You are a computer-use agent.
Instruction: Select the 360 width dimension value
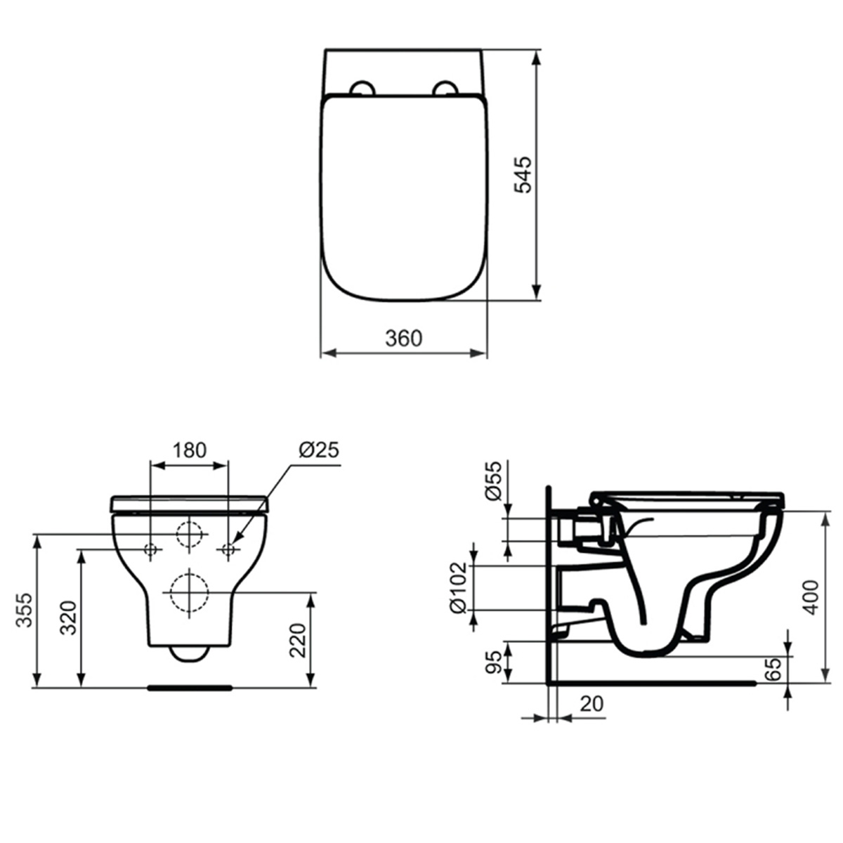click(x=404, y=338)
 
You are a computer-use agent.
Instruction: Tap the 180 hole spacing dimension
click(x=189, y=449)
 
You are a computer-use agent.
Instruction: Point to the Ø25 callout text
click(x=318, y=449)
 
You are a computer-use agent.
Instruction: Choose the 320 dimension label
click(x=68, y=617)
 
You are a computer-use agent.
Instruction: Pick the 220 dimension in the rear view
click(x=298, y=640)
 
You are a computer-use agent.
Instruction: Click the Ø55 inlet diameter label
click(x=494, y=481)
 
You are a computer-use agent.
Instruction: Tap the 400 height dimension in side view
click(x=811, y=597)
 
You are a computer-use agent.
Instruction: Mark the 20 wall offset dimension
click(x=592, y=703)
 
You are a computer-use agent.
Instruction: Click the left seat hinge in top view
click(x=363, y=88)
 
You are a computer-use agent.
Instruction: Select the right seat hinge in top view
click(x=444, y=88)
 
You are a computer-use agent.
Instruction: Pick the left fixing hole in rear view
click(x=150, y=549)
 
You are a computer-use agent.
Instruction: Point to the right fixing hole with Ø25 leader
click(x=228, y=549)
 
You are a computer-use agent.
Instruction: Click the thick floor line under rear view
click(x=189, y=688)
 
